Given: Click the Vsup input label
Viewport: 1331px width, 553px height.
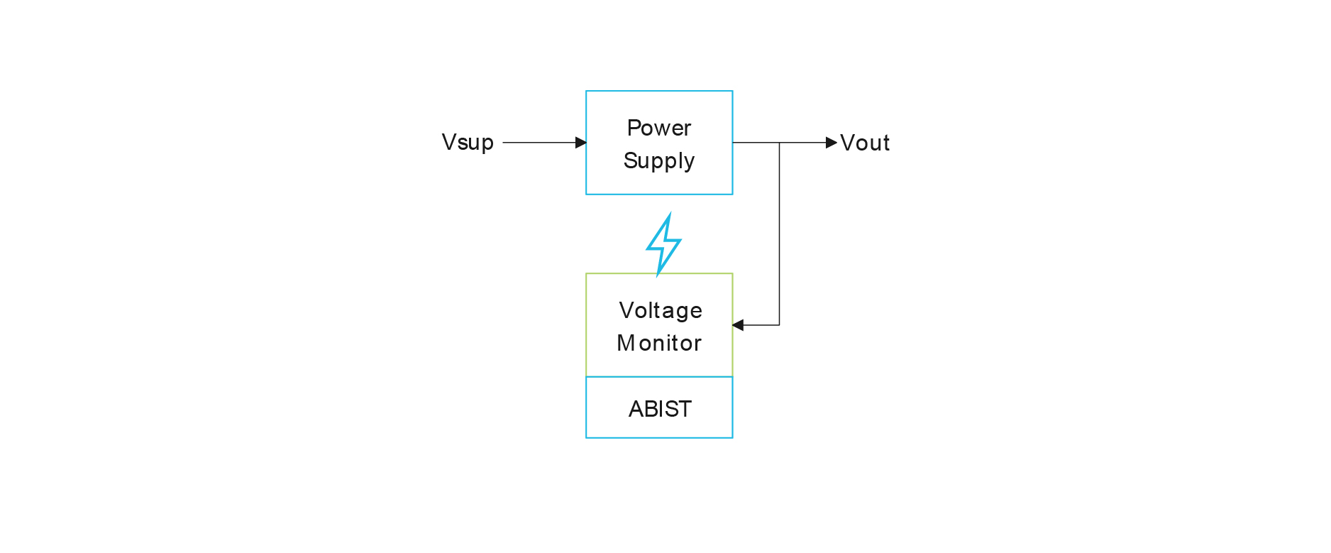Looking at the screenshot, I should click(468, 143).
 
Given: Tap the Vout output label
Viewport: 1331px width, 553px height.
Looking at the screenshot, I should click(865, 143).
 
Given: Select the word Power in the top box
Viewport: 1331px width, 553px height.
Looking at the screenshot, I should click(659, 128).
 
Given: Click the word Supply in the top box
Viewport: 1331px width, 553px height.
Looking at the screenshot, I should click(659, 161).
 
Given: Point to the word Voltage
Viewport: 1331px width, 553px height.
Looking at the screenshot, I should click(661, 310).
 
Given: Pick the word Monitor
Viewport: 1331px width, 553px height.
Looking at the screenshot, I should click(659, 343).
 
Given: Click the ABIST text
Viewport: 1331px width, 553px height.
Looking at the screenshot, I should click(660, 409).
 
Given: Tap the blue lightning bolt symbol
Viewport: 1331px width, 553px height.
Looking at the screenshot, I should click(663, 244).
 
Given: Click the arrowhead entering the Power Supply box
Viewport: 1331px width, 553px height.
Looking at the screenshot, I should click(581, 143).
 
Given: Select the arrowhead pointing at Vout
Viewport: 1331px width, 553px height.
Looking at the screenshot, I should click(832, 143).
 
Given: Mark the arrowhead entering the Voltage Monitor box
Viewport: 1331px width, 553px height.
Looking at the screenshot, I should click(738, 325).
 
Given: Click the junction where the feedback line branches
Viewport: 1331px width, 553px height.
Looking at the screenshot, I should click(780, 143).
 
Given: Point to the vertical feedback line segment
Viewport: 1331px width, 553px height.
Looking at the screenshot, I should click(780, 234).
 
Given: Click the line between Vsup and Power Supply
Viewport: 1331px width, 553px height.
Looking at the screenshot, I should click(539, 143).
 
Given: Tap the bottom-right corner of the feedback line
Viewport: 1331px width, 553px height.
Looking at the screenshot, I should click(780, 325).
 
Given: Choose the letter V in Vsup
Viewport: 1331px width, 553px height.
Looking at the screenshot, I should click(448, 142).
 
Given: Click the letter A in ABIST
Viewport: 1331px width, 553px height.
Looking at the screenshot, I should click(636, 409).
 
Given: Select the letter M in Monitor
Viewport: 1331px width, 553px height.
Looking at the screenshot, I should click(626, 343).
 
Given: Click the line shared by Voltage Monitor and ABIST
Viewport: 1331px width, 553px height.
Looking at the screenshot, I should click(659, 377).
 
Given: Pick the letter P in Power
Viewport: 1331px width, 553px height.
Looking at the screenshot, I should click(634, 128).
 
